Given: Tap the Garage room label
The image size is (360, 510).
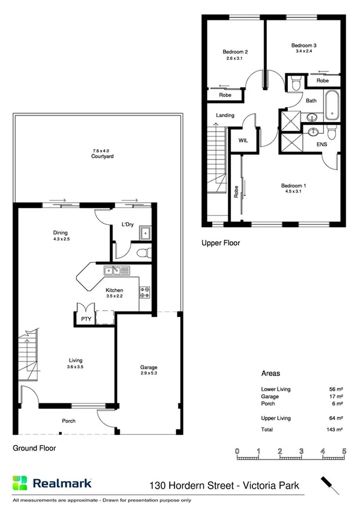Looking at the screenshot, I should [x=148, y=367].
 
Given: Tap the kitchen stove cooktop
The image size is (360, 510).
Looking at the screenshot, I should [x=145, y=292].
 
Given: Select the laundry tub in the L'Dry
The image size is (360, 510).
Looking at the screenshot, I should [x=145, y=233].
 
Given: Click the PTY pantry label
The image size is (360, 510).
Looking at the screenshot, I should [x=82, y=319].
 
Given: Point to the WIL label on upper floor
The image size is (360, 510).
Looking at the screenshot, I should [x=243, y=140].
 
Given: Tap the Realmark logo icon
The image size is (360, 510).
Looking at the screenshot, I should [x=20, y=482].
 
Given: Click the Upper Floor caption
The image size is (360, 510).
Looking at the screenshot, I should [x=221, y=244].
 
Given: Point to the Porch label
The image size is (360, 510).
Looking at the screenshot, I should [x=69, y=421].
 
